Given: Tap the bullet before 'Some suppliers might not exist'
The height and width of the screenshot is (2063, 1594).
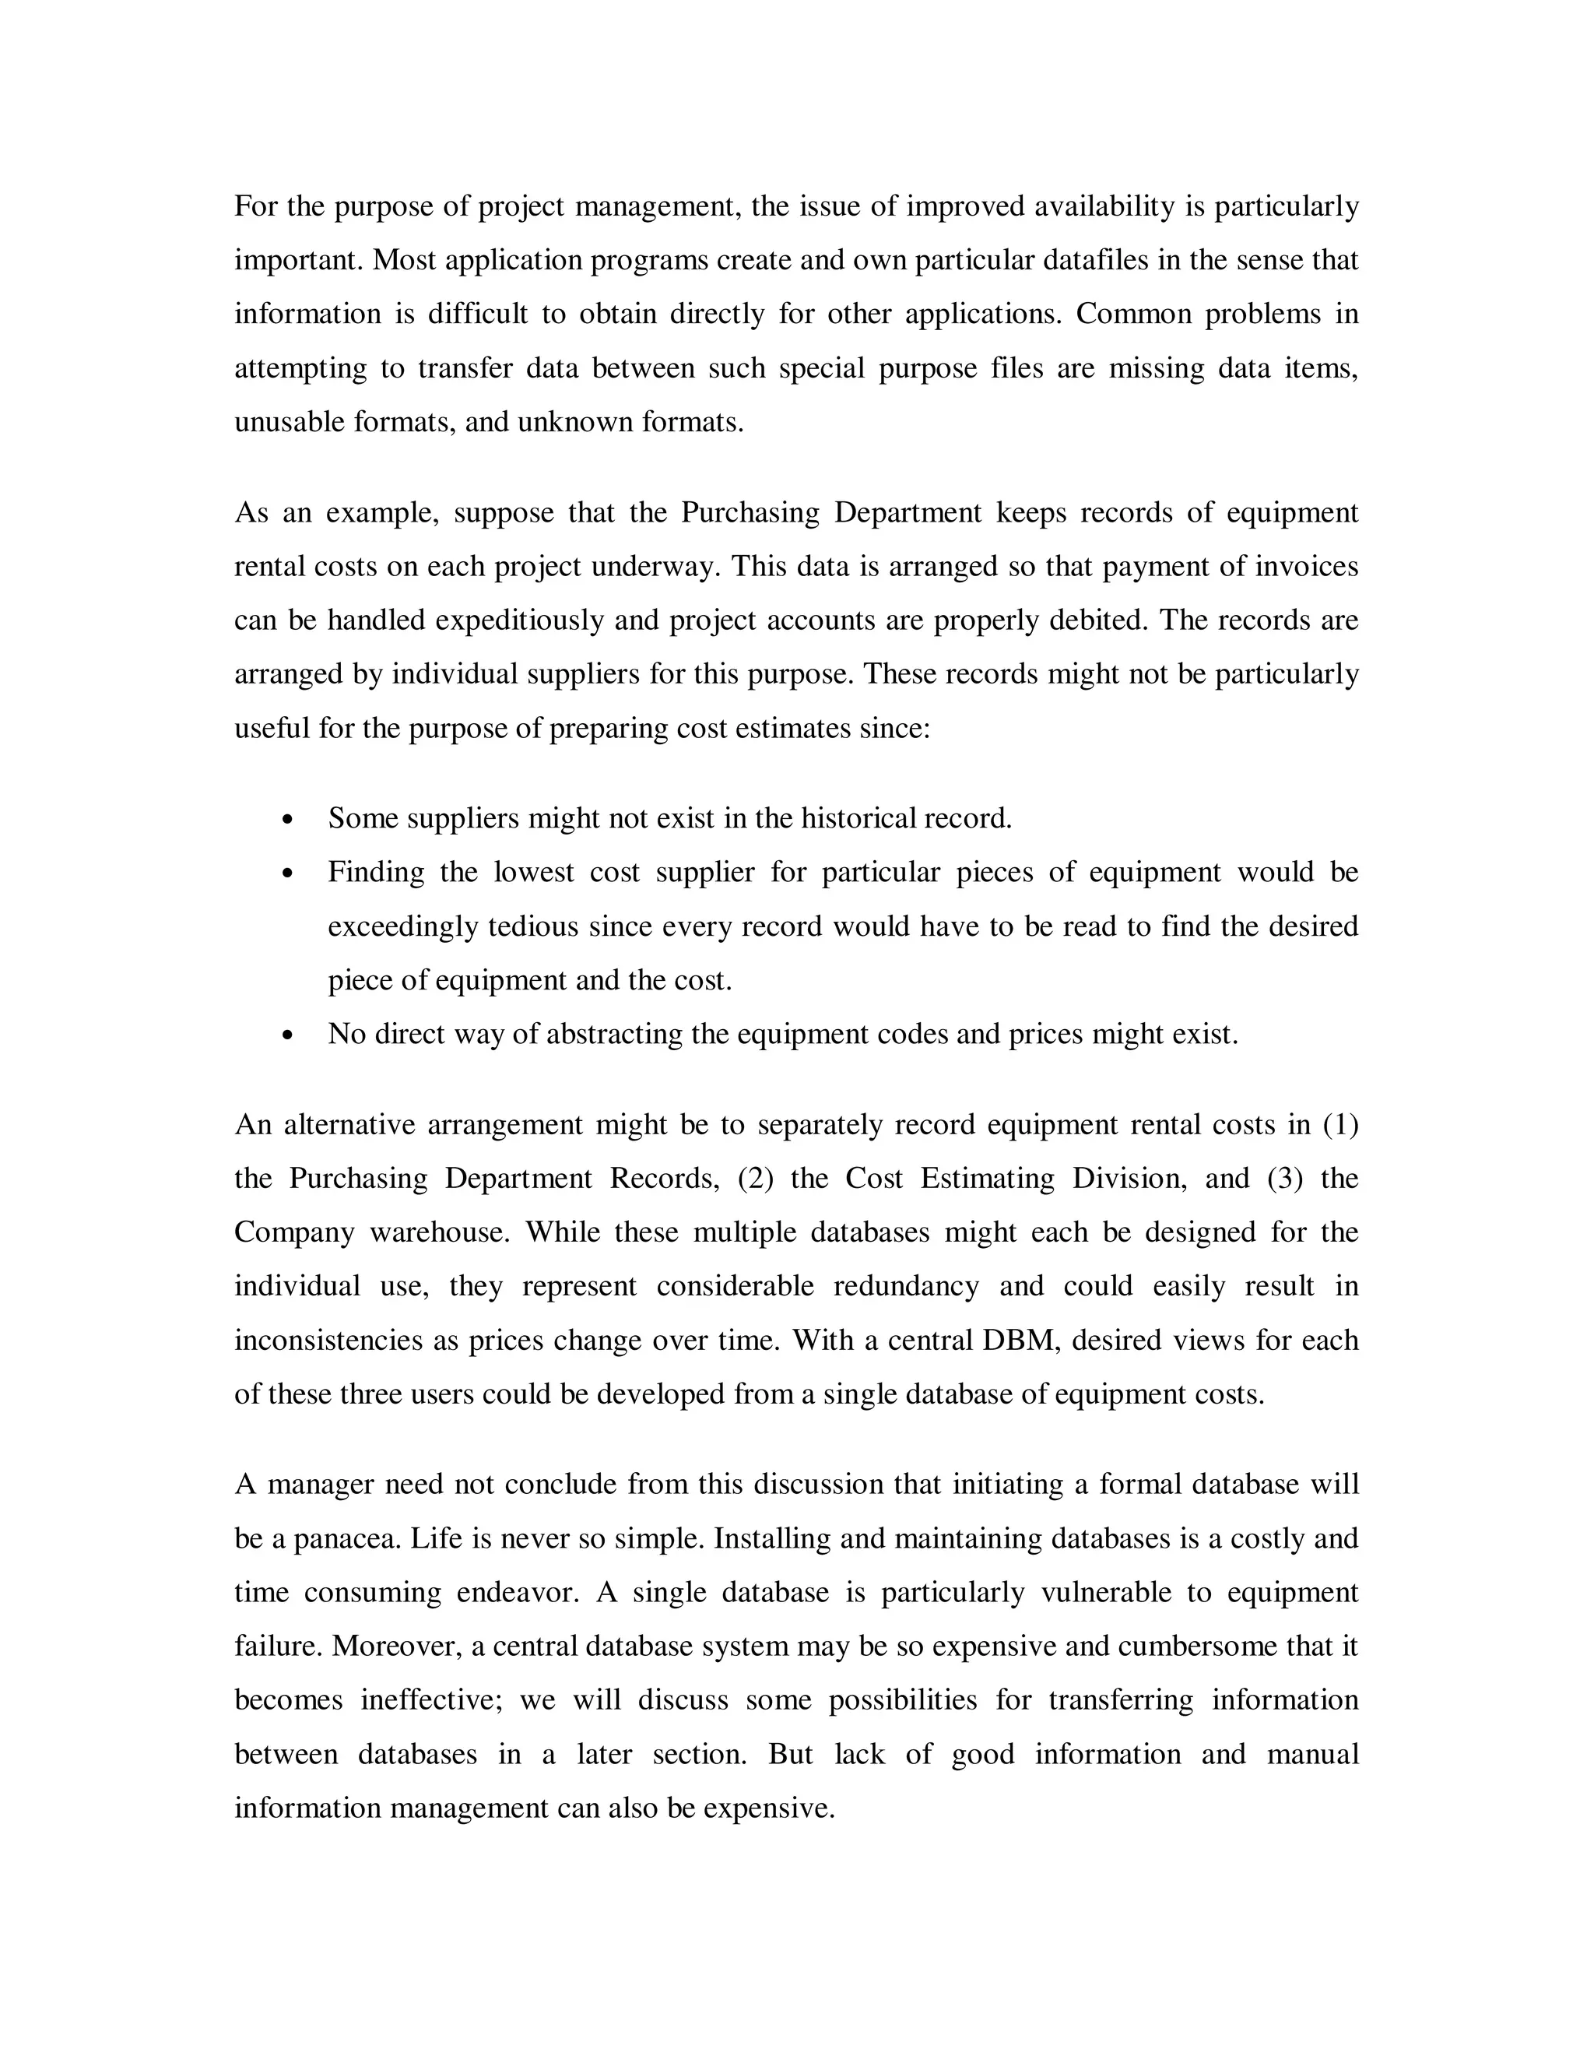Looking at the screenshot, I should [x=288, y=819].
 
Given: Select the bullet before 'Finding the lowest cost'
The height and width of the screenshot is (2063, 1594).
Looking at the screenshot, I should [x=288, y=873].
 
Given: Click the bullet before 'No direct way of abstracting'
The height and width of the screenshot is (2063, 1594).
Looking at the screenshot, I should [x=288, y=1035].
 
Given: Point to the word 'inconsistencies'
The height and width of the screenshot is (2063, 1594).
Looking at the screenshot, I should [x=328, y=1341].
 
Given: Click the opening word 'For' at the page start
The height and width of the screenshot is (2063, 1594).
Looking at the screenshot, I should [x=255, y=206].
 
